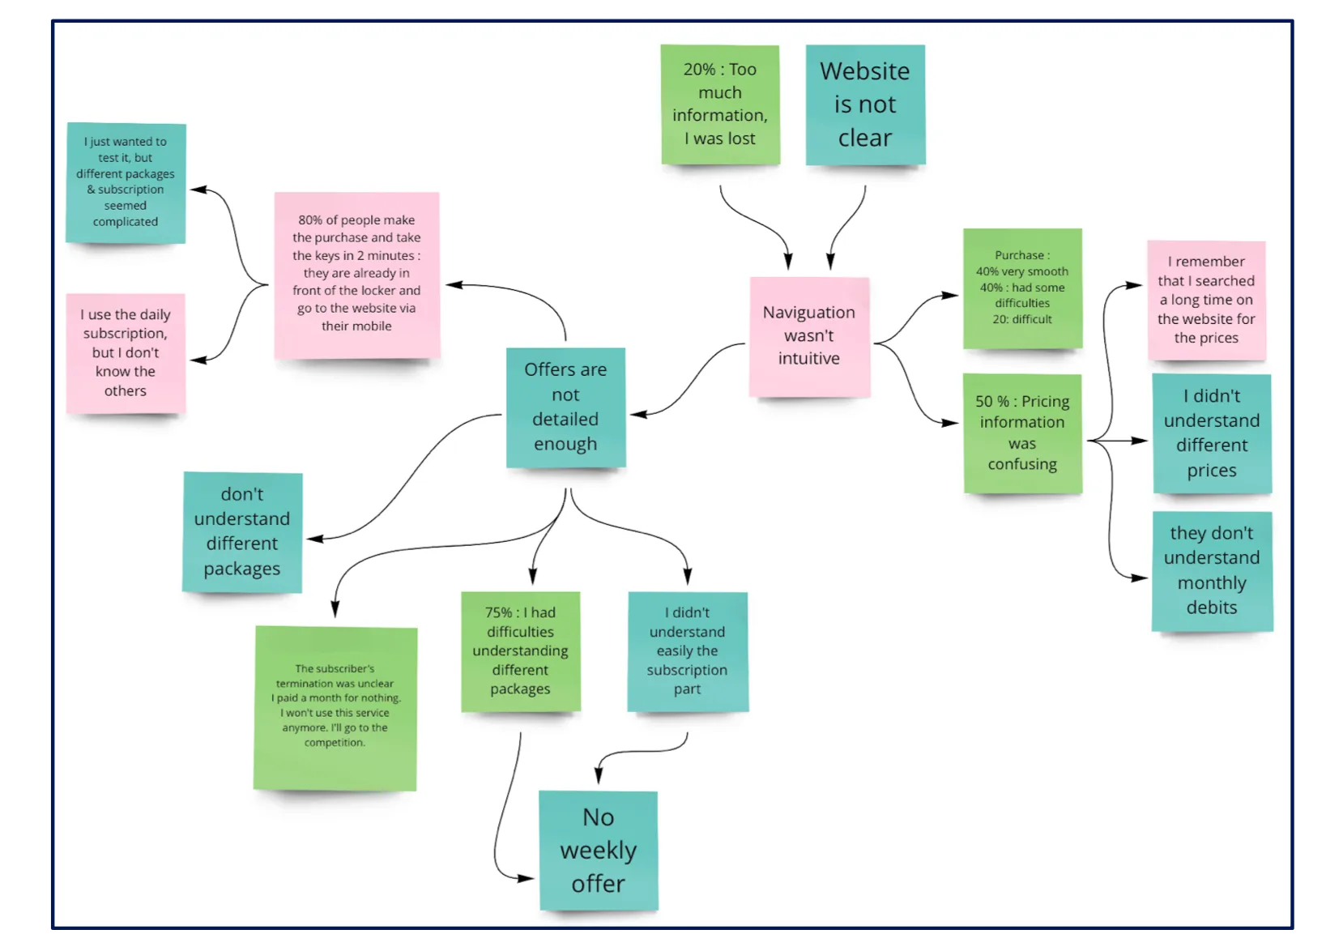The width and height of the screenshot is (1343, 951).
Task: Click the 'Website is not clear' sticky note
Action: [x=865, y=105]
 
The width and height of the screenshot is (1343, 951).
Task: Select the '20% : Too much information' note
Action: [x=720, y=104]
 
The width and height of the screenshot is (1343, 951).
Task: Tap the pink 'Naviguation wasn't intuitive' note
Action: [x=809, y=336]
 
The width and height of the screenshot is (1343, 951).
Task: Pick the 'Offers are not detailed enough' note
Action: [x=565, y=407]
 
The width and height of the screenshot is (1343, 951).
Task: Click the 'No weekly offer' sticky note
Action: [x=599, y=851]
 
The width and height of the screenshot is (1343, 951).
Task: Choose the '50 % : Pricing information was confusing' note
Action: [x=1022, y=433]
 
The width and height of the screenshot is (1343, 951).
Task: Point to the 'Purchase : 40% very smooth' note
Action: [x=1022, y=288]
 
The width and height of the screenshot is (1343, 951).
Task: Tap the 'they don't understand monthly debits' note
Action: [x=1212, y=571]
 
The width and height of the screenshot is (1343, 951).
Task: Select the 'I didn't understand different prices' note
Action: [x=1212, y=433]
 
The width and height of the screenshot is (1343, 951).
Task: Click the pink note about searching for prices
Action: [x=1206, y=301]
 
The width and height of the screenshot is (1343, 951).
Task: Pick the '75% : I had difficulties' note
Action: [x=521, y=651]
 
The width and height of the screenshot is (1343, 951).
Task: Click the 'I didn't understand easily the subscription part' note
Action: [x=688, y=651]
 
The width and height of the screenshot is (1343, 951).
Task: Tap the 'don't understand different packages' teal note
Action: [x=242, y=532]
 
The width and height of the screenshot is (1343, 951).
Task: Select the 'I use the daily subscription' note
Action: [x=126, y=353]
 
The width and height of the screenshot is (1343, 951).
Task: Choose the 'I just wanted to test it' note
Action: [x=126, y=182]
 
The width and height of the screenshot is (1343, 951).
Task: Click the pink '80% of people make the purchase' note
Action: [x=357, y=275]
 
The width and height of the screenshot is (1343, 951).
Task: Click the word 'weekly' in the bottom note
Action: [x=599, y=851]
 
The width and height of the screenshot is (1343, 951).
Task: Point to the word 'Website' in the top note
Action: [x=865, y=71]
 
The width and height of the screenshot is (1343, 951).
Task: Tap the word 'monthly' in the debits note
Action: [x=1212, y=583]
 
